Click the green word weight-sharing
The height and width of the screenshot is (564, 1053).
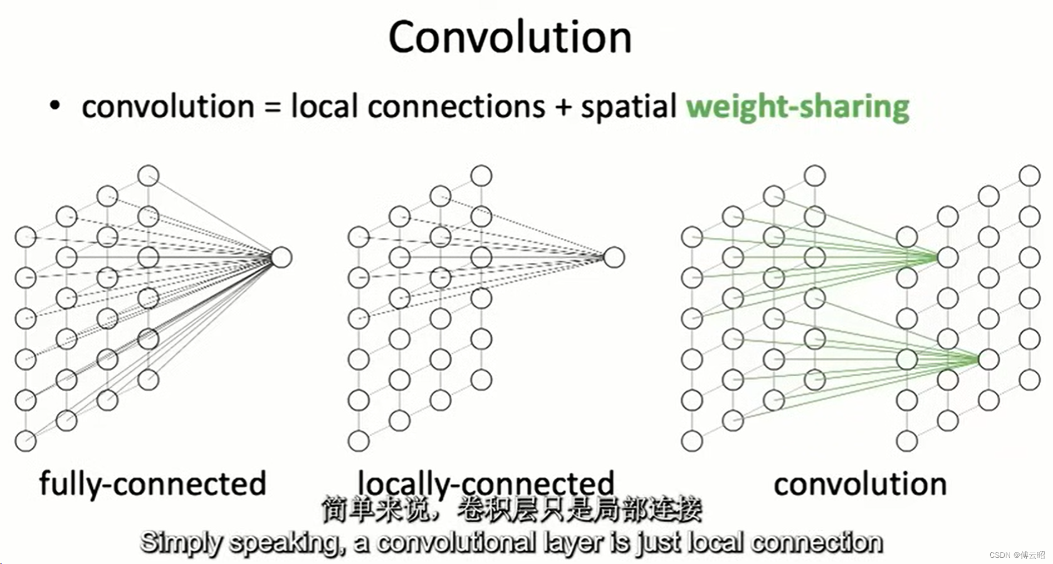[x=797, y=107]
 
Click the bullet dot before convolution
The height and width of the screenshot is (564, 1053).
[x=54, y=105]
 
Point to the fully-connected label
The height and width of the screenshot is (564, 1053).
[x=152, y=483]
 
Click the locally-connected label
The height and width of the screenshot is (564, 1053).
[x=486, y=482]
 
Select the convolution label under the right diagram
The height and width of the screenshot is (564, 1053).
[x=860, y=483]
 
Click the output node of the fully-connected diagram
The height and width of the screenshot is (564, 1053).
[x=281, y=257]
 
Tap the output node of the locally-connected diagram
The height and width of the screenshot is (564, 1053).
[x=614, y=257]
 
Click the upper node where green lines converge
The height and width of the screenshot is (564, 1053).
[x=947, y=257]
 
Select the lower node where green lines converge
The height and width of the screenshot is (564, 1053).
[x=988, y=360]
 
